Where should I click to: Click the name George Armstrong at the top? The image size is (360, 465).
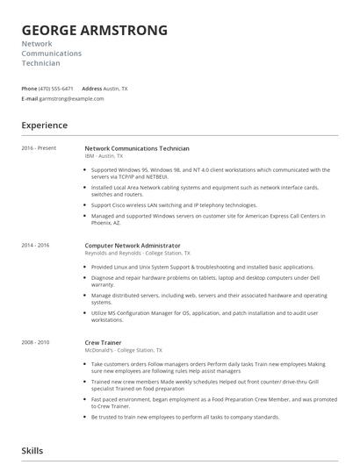tap(94, 31)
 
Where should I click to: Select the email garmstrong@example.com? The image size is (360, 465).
tap(72, 99)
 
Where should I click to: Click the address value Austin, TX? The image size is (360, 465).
tap(116, 89)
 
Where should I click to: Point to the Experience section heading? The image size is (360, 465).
tap(44, 125)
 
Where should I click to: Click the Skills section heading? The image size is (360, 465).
tap(33, 450)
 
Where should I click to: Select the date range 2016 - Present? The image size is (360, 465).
tap(40, 148)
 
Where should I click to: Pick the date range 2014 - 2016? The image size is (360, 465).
tap(36, 246)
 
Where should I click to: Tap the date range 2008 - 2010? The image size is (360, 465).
tap(36, 342)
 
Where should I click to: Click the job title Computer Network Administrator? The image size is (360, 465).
tap(133, 246)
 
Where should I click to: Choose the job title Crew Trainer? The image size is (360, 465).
tap(103, 342)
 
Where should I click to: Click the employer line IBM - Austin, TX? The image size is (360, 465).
tap(110, 155)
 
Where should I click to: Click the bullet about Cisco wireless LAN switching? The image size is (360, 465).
tap(173, 204)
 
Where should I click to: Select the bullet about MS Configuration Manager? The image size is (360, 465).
tap(206, 313)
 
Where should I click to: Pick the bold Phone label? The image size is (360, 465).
tap(29, 89)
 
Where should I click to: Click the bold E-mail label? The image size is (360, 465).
tap(30, 99)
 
